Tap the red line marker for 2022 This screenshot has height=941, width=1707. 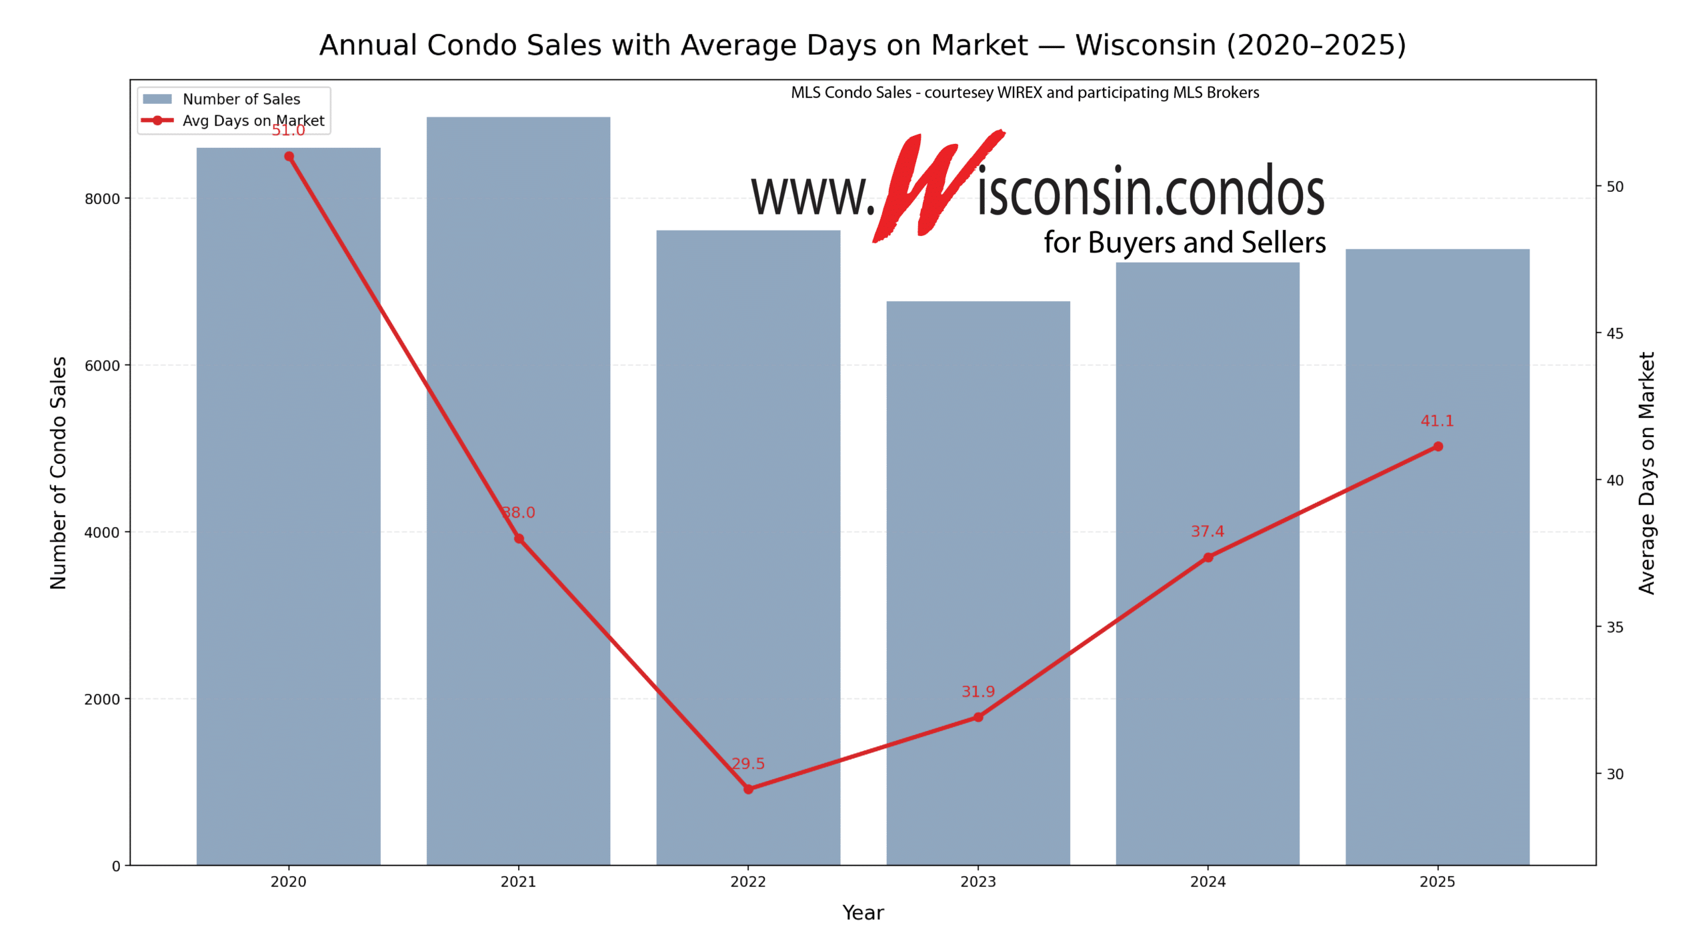coord(748,789)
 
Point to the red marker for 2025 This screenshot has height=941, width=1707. coord(1438,447)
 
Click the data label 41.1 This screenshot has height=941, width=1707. coord(1437,421)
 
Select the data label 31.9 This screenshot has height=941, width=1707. coord(978,692)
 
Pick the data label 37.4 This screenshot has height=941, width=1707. coord(1207,532)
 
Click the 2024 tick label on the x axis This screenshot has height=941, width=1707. coord(1208,882)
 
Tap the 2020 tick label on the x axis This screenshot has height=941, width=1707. coord(288,882)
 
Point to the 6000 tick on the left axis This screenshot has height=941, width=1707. coord(101,366)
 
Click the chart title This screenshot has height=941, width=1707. coord(862,45)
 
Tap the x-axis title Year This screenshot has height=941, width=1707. coord(863,912)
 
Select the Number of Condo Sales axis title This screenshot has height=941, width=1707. coord(59,472)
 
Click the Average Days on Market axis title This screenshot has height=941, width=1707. coord(1646,472)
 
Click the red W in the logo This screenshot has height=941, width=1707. coord(934,187)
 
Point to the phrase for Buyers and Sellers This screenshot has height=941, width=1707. coord(1184,243)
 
